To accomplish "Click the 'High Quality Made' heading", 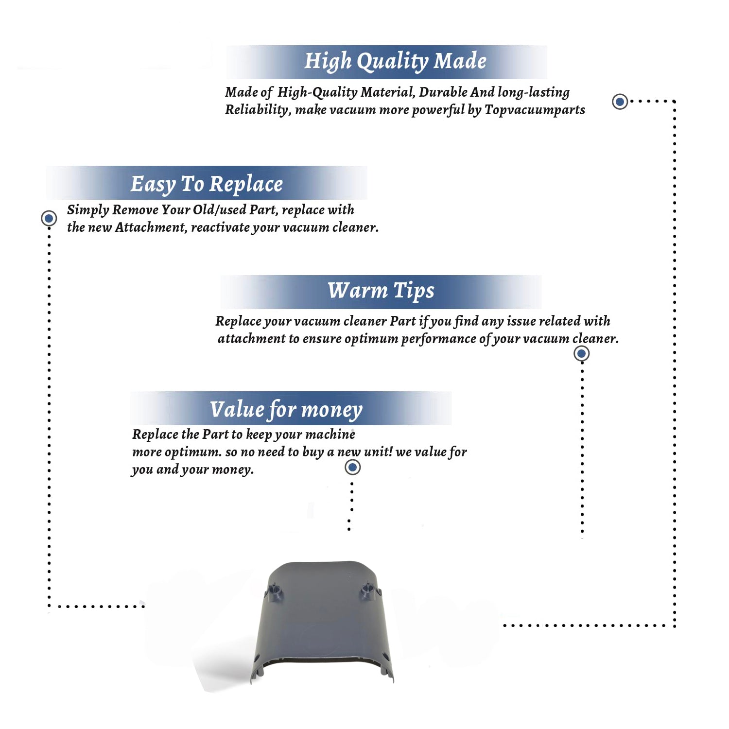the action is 395,62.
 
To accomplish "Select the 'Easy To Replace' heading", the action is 207,184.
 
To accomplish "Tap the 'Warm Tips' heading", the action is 381,291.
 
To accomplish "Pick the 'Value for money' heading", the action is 286,410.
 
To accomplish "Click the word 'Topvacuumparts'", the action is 535,110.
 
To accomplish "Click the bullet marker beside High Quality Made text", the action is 620,102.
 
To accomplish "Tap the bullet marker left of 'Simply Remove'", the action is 49,218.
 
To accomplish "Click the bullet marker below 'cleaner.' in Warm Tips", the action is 581,353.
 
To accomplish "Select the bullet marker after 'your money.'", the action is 352,468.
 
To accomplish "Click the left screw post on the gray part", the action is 275,591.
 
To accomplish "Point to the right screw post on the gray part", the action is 368,590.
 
